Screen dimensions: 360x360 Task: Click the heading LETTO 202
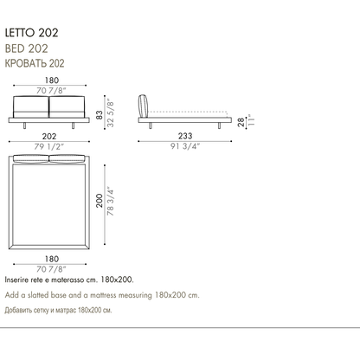point(31,33)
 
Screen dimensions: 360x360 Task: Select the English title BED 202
point(26,48)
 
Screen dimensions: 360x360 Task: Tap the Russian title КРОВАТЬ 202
point(35,63)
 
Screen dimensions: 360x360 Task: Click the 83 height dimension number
point(100,115)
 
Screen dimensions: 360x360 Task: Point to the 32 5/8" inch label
point(110,114)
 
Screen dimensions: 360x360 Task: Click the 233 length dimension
point(185,136)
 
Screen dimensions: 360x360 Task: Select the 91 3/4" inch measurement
point(185,146)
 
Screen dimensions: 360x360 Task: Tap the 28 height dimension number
point(241,122)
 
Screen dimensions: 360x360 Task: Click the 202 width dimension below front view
point(49,136)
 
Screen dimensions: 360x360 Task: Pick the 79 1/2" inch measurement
point(49,146)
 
